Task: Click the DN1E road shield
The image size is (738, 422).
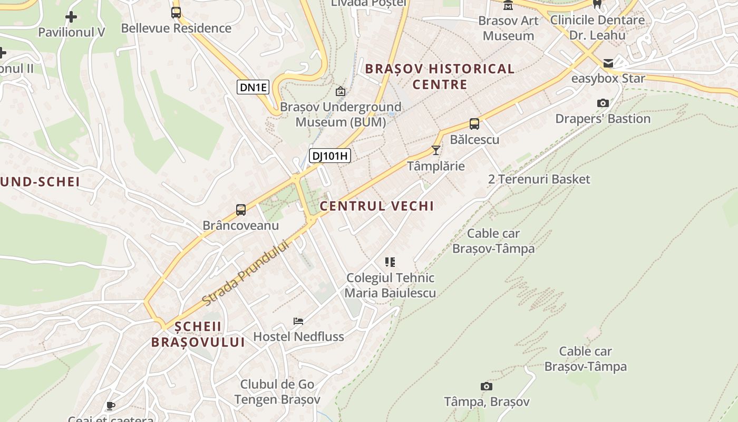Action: tap(253, 88)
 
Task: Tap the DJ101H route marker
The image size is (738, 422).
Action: tap(329, 156)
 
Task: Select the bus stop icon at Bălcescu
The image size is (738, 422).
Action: tap(474, 124)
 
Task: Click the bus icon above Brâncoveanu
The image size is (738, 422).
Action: tap(241, 210)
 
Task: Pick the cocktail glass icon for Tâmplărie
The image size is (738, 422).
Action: tap(435, 150)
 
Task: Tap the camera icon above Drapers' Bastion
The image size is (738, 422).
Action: tap(603, 103)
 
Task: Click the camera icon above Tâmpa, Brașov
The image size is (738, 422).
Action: tap(486, 386)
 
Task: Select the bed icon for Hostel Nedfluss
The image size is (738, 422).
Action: tap(298, 321)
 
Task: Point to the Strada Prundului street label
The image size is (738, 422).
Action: tap(246, 273)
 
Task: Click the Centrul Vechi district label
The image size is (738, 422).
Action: tap(377, 206)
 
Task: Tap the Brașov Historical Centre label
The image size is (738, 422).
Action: tap(440, 76)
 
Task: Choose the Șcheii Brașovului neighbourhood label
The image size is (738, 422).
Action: tap(198, 334)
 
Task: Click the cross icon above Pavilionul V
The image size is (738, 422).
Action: tap(71, 17)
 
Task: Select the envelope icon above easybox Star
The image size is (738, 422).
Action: tap(608, 63)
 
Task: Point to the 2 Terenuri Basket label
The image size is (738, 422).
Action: tap(539, 179)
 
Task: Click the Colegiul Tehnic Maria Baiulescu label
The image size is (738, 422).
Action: tap(390, 285)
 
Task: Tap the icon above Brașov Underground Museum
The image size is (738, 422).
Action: tap(341, 91)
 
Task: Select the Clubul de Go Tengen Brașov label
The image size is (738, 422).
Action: tap(277, 392)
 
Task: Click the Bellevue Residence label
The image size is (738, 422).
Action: tap(176, 28)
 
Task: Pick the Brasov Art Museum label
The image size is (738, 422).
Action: tap(508, 28)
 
